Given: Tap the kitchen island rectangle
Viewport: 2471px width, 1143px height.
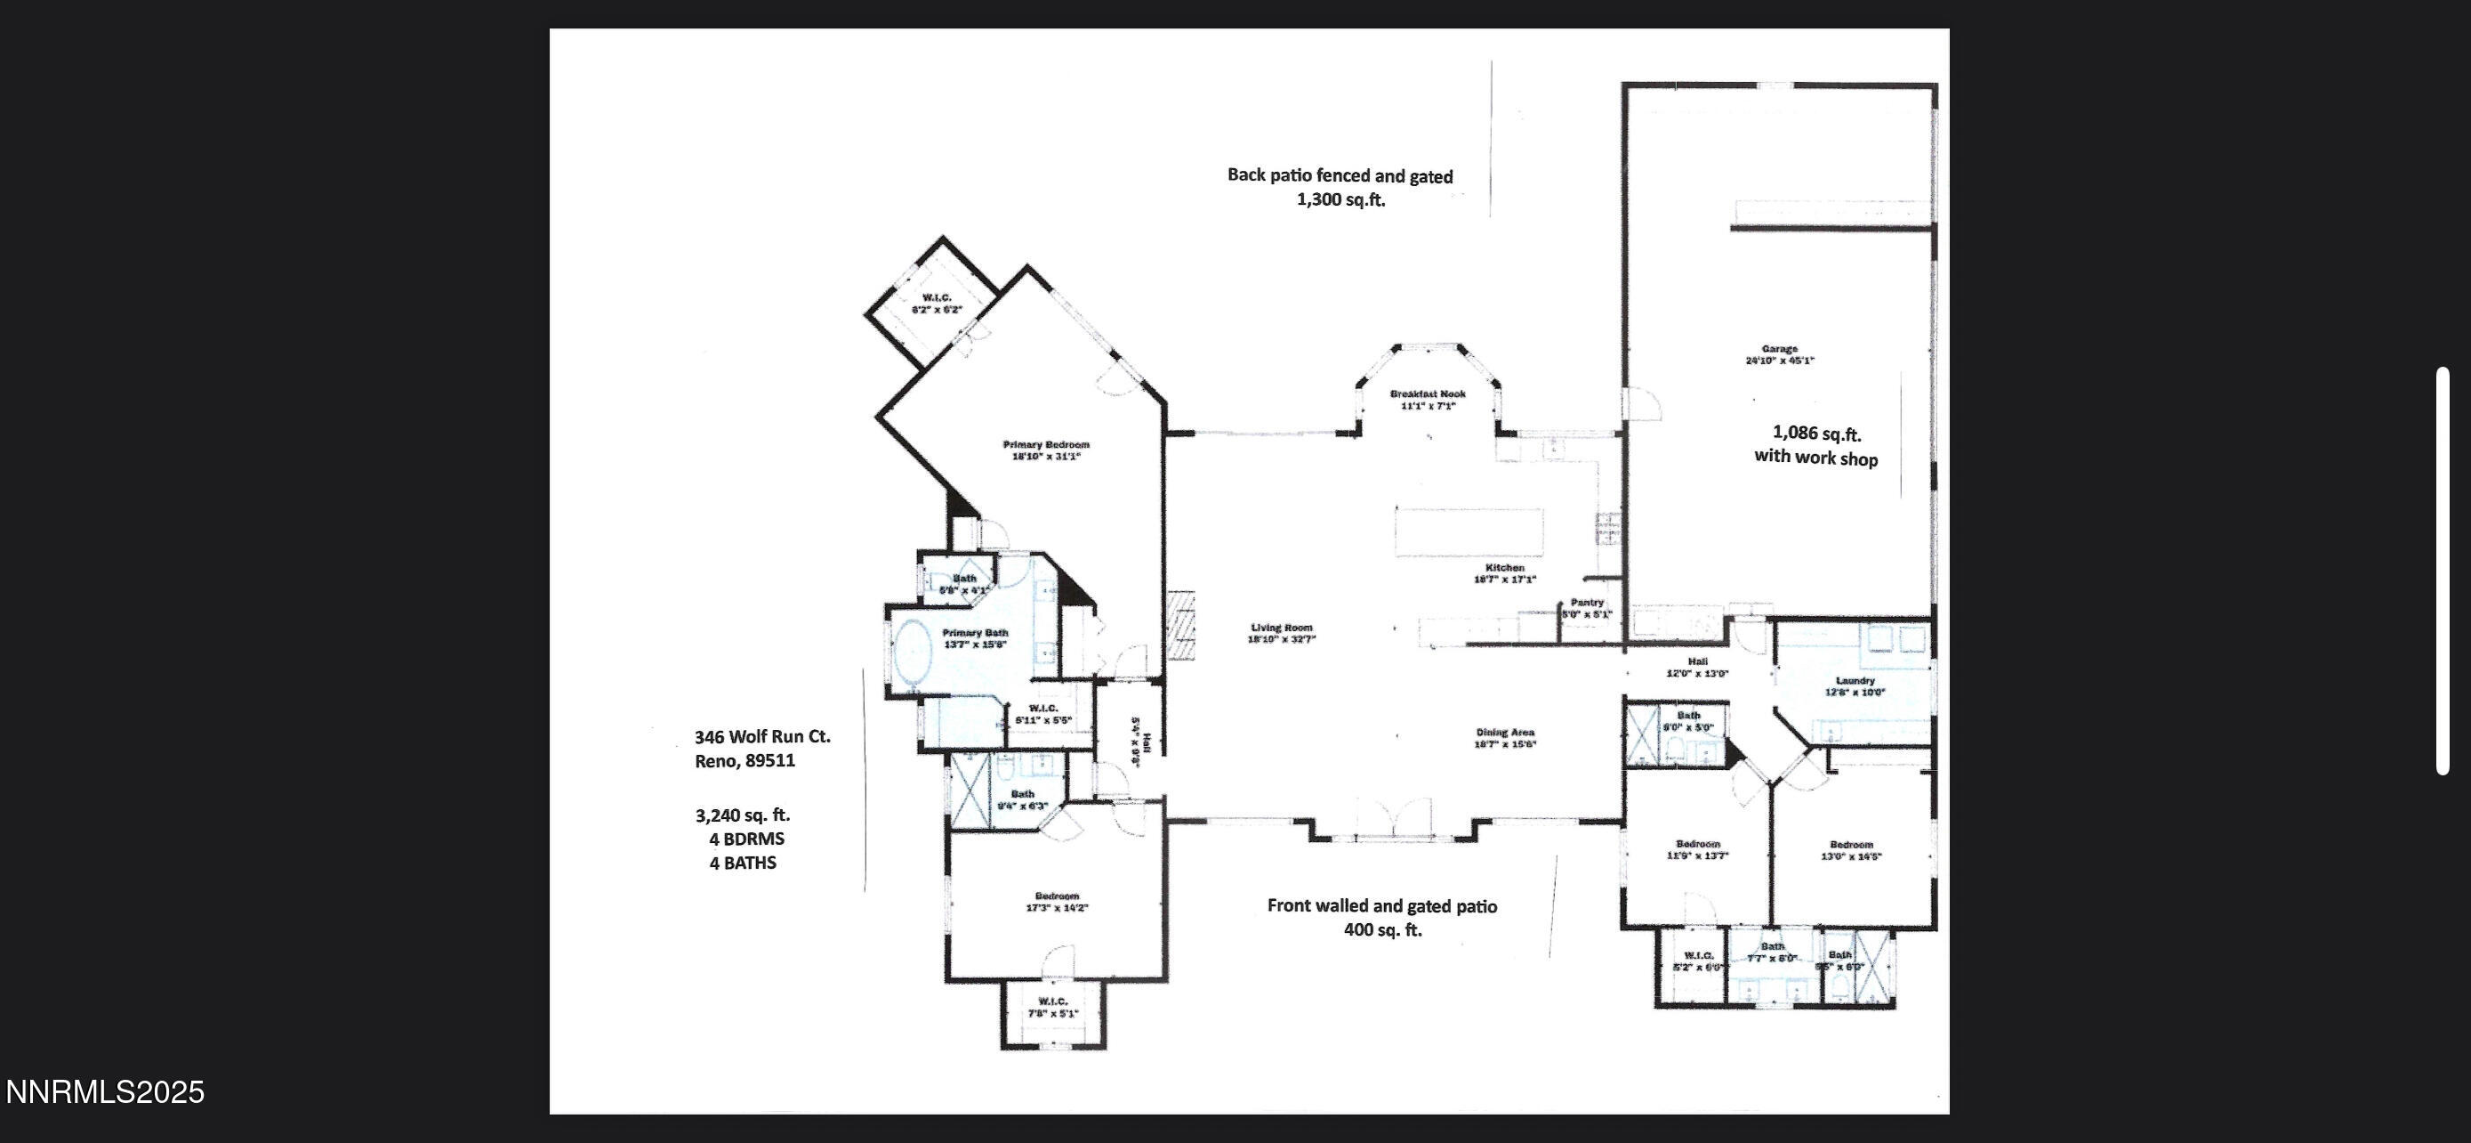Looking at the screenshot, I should [1469, 531].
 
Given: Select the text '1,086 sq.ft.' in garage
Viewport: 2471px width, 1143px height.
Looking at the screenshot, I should [1815, 434].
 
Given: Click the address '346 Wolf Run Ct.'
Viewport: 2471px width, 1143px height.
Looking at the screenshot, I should [762, 736].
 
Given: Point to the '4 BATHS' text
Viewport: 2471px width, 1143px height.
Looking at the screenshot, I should [743, 863].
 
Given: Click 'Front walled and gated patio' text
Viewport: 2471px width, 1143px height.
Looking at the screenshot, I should [1381, 905].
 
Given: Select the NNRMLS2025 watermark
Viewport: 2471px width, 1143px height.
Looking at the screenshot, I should [105, 1092].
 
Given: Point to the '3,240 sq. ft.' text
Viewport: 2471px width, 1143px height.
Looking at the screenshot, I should [743, 815].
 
